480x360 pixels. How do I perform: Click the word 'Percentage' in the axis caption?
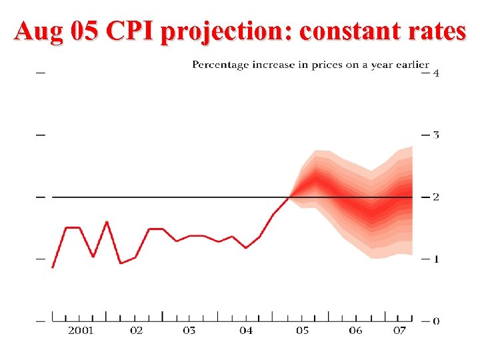pos(221,65)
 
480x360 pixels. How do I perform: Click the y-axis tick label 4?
pos(436,73)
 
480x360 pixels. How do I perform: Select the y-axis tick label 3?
pos(436,135)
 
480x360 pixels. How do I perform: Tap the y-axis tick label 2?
pos(436,197)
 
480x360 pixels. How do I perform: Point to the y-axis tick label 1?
pos(436,259)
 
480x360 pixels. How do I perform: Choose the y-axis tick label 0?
pos(436,321)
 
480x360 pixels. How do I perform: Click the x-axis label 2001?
pos(81,331)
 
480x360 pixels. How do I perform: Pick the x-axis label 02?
pos(136,331)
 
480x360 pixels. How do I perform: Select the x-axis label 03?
pos(190,331)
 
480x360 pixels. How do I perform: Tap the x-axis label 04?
pos(246,331)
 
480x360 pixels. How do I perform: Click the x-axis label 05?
pos(302,331)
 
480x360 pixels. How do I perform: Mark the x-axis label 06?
pos(356,331)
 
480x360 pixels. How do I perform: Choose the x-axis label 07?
pos(400,331)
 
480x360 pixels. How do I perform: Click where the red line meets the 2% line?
pos(289,197)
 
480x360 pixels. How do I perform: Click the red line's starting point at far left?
pos(53,267)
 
